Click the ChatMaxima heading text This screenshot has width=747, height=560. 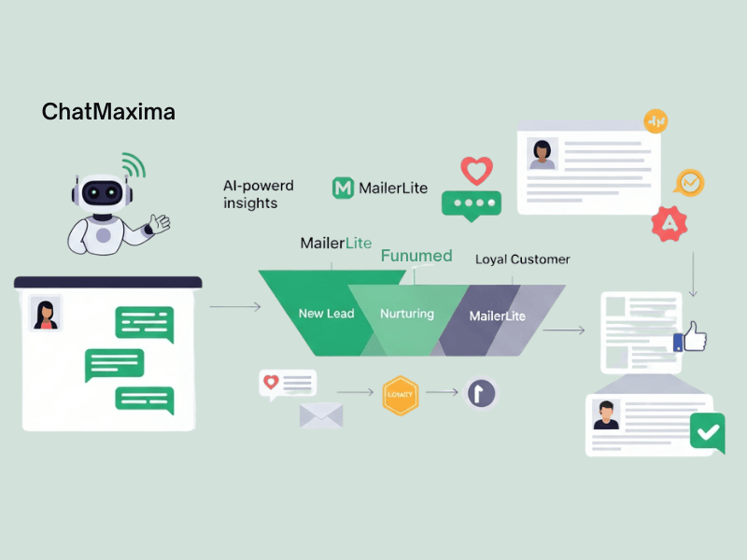point(108,113)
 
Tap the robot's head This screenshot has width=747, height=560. point(101,192)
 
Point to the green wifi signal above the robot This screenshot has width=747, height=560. point(133,166)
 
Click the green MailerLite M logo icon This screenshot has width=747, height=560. point(344,188)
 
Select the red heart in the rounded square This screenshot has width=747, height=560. point(477,171)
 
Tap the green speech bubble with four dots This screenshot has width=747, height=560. point(471,204)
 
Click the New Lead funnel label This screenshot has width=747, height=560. point(326,314)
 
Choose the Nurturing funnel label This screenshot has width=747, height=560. point(407,314)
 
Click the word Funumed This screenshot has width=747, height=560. point(416,256)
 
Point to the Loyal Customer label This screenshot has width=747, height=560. point(522,259)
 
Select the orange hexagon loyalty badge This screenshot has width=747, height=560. point(401,395)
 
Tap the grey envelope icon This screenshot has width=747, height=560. point(321,413)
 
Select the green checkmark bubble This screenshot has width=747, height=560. point(707,432)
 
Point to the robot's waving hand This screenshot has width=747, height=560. point(159,223)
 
